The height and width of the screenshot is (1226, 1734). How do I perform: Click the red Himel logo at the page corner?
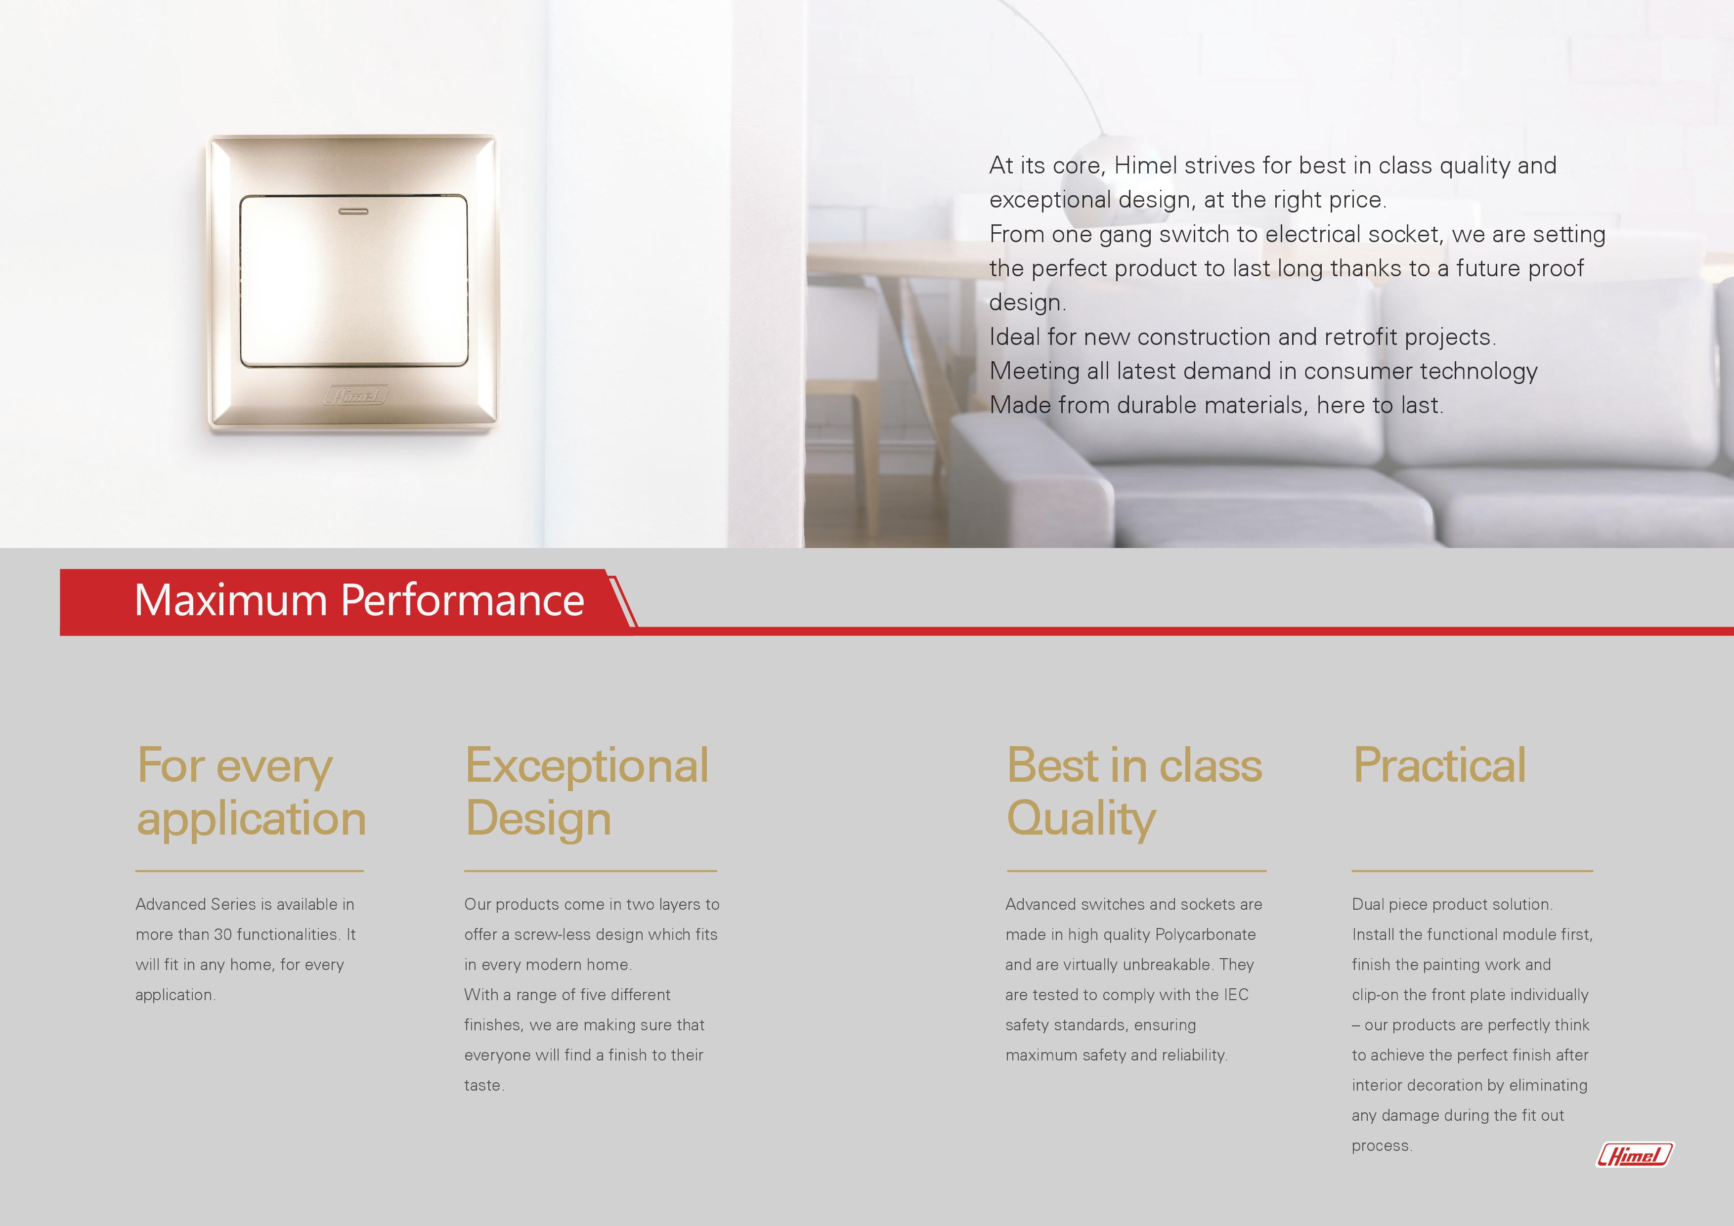coord(1634,1154)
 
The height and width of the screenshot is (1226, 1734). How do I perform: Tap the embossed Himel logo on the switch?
coord(356,395)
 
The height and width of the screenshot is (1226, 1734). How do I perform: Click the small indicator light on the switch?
coord(353,211)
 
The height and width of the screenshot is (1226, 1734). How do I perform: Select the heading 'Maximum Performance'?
coord(359,600)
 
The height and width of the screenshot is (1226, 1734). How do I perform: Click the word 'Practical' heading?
coord(1439,765)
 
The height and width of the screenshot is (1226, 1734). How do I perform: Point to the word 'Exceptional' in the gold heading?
coord(587,765)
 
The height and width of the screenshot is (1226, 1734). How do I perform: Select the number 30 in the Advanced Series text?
coord(223,934)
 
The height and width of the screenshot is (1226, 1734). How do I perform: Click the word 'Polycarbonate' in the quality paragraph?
coord(1205,934)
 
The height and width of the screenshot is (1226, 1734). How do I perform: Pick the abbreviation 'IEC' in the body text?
coord(1236,995)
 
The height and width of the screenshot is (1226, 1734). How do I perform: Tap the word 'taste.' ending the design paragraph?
coord(484,1086)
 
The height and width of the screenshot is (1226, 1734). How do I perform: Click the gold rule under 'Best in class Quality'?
coord(1136,871)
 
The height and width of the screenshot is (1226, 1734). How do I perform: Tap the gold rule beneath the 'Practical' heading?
coord(1473,871)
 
